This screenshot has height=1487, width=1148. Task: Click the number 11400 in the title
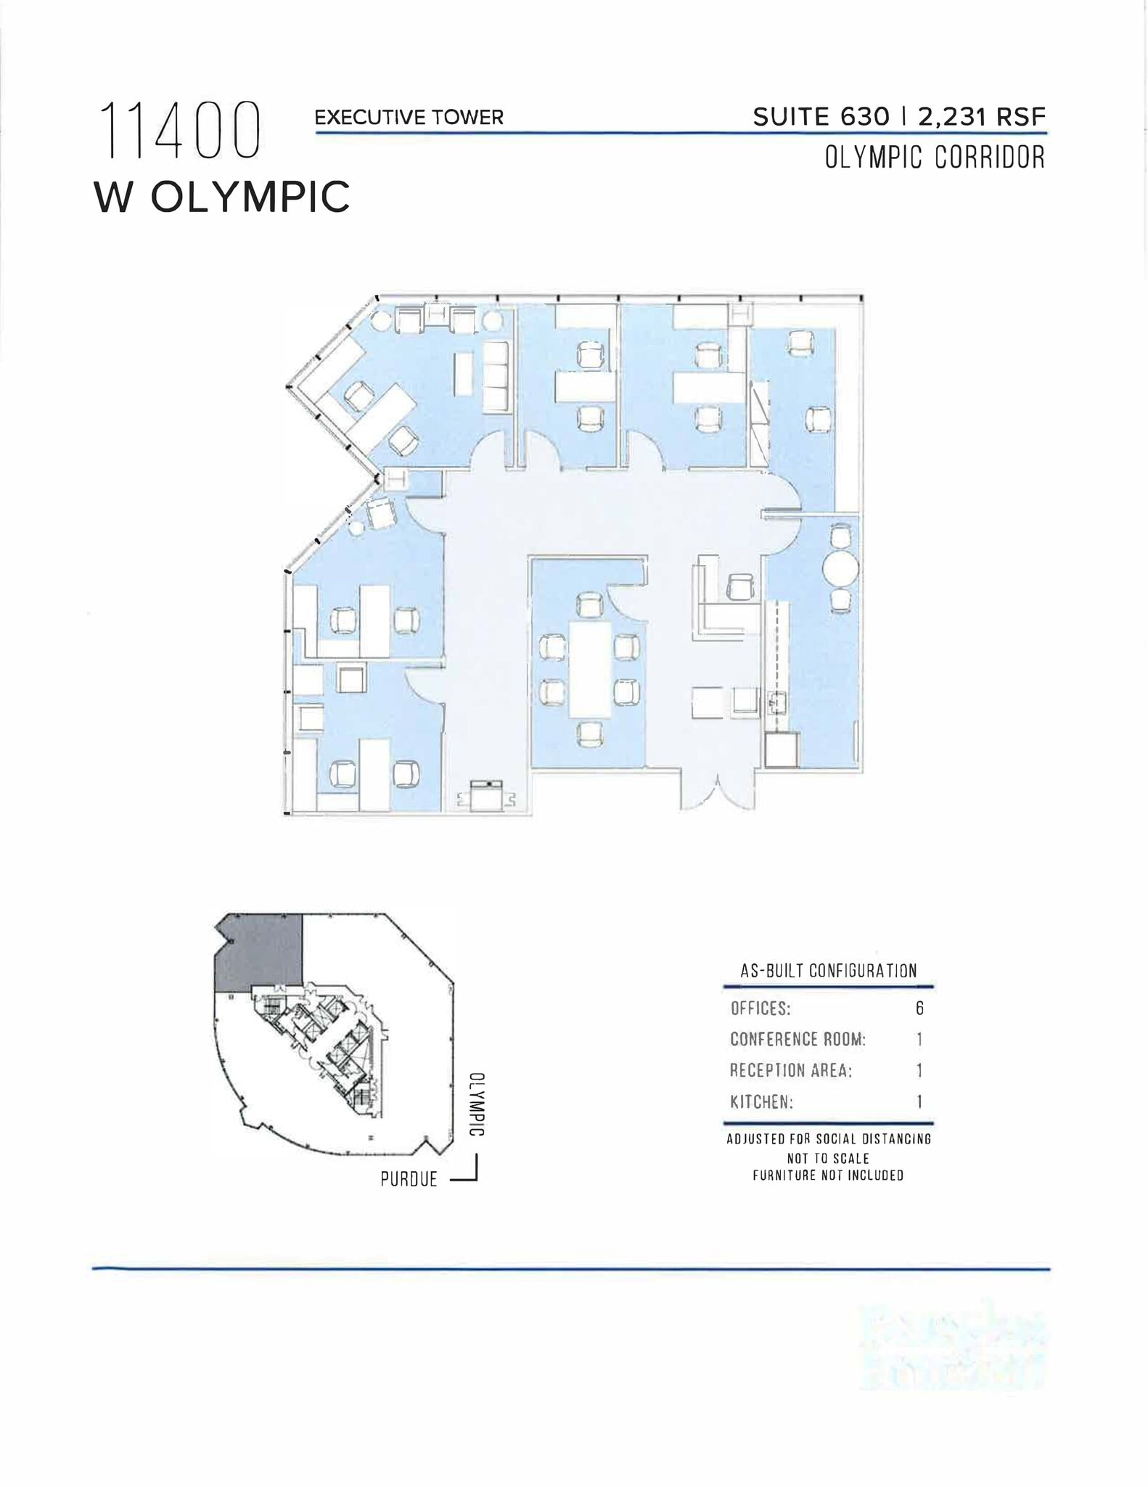tap(179, 131)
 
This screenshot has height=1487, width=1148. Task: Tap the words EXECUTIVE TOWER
tap(409, 118)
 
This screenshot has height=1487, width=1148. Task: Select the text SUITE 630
tap(821, 117)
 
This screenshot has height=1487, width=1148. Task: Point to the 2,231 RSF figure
tap(982, 117)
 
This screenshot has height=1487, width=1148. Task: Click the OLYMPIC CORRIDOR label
tap(935, 158)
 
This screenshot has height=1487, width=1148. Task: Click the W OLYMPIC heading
tap(222, 197)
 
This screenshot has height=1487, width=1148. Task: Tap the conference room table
tap(589, 668)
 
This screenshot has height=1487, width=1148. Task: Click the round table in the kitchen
tap(840, 568)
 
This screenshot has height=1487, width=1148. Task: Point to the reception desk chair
tap(739, 587)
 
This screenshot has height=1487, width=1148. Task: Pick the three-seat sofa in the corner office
tap(496, 378)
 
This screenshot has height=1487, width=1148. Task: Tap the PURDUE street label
tap(409, 1179)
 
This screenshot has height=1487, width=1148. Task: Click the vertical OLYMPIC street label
tap(477, 1104)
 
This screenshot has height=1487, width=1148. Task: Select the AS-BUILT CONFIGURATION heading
tap(828, 971)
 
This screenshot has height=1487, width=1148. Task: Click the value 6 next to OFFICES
tap(919, 1008)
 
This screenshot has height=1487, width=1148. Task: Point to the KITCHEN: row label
tap(761, 1102)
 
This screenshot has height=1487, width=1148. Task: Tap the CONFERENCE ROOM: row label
tap(798, 1039)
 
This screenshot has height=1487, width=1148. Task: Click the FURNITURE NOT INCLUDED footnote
tap(828, 1175)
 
